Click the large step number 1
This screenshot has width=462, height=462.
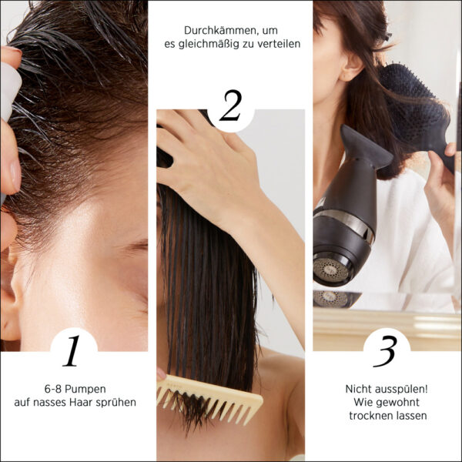(x=72, y=350)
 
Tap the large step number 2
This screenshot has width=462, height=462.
(x=231, y=105)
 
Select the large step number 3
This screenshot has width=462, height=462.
(x=385, y=351)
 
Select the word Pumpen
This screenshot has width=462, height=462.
(x=85, y=389)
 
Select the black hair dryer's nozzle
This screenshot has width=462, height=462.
(x=365, y=146)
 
